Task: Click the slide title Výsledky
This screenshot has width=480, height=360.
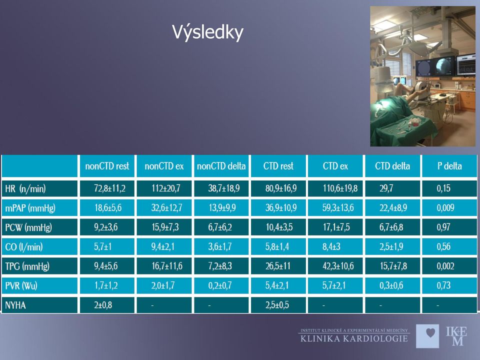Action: tap(207, 32)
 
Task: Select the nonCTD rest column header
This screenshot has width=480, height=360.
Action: tap(107, 166)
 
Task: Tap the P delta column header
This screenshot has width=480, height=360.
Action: tap(449, 166)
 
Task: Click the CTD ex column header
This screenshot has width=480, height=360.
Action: tap(335, 166)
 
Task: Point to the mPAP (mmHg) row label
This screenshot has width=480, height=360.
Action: tap(30, 208)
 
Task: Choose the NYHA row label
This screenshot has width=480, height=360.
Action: tap(15, 305)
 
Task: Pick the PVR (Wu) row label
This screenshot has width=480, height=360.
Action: tap(21, 286)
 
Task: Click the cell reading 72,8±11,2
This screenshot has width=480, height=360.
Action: tap(109, 188)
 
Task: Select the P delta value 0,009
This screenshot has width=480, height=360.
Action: tap(445, 208)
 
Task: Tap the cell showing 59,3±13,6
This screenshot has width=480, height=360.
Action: tap(338, 208)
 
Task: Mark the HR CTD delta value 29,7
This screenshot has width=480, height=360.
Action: tap(386, 188)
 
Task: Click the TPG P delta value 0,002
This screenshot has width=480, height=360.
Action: tap(445, 266)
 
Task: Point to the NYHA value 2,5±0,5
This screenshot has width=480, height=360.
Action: tap(277, 305)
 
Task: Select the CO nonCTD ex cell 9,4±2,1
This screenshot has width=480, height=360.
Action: tap(162, 246)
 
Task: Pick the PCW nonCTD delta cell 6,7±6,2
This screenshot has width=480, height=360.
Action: tap(220, 227)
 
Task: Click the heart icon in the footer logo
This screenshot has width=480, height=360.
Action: tap(430, 333)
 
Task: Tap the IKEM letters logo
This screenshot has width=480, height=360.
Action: tap(456, 336)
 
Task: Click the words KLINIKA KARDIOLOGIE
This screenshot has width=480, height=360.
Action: tap(354, 338)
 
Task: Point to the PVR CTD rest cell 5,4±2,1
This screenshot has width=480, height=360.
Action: tap(277, 285)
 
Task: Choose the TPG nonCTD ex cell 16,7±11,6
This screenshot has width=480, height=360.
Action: tap(167, 266)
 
